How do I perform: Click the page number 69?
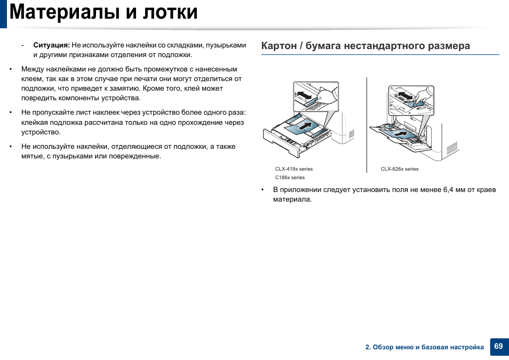[x=498, y=346]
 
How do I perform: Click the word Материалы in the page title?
[x=65, y=12]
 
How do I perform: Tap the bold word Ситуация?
[x=52, y=45]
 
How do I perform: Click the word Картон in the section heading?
[x=279, y=46]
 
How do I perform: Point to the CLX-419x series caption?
[x=294, y=169]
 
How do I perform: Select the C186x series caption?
[x=290, y=178]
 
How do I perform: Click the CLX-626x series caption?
[x=400, y=169]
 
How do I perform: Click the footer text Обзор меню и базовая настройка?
[x=428, y=347]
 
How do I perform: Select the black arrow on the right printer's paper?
[x=401, y=133]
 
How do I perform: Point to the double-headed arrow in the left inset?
[x=304, y=95]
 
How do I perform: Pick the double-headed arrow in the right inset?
[x=405, y=95]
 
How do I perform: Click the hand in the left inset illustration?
[x=327, y=94]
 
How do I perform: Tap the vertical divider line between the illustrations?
[x=367, y=125]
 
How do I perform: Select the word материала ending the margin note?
[x=292, y=199]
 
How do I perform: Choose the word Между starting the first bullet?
[x=33, y=69]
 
